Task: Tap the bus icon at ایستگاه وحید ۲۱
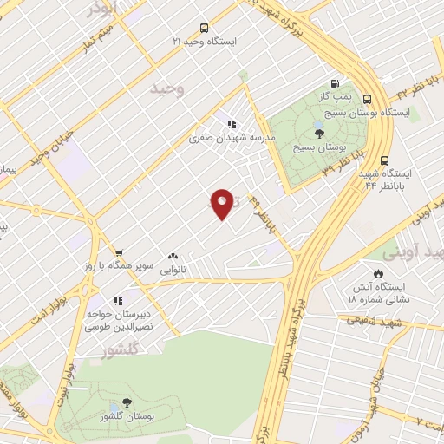tap(203, 28)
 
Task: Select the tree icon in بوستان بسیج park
tap(319, 133)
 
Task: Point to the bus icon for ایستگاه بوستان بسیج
tap(368, 99)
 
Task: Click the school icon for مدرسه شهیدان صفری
tap(232, 123)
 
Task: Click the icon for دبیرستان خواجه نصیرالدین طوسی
tap(118, 300)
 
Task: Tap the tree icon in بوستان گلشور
tap(127, 402)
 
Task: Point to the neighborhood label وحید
tap(167, 89)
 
